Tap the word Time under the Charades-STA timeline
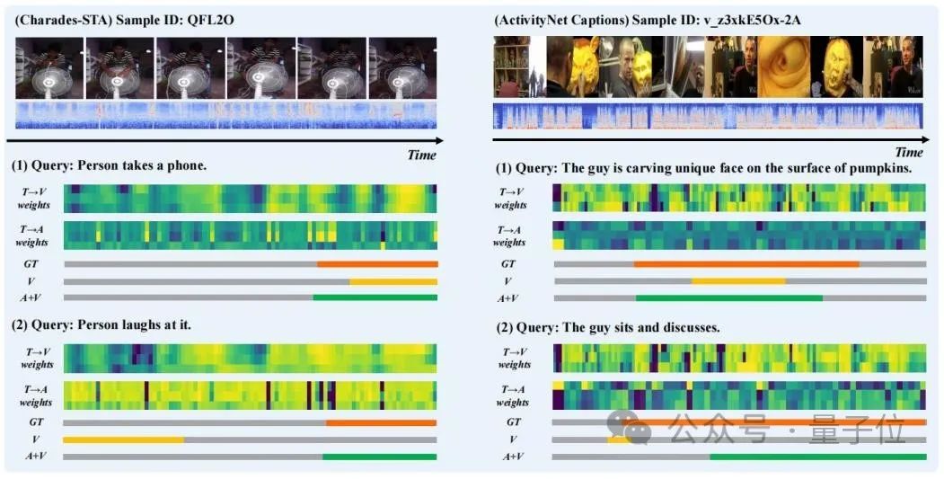pyautogui.click(x=421, y=155)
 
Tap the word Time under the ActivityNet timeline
pyautogui.click(x=908, y=153)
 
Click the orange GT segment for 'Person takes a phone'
pyautogui.click(x=377, y=264)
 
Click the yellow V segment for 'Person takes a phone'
pyautogui.click(x=393, y=281)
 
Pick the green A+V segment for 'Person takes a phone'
pyautogui.click(x=375, y=297)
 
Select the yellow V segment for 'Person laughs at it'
pyautogui.click(x=123, y=439)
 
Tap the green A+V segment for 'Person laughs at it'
pyautogui.click(x=379, y=457)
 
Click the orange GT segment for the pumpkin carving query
pyautogui.click(x=745, y=264)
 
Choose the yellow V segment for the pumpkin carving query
pyautogui.click(x=738, y=281)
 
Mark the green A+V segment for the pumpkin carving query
pyautogui.click(x=728, y=297)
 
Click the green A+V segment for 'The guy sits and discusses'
pyautogui.click(x=817, y=457)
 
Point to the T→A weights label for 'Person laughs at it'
pyautogui.click(x=37, y=395)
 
